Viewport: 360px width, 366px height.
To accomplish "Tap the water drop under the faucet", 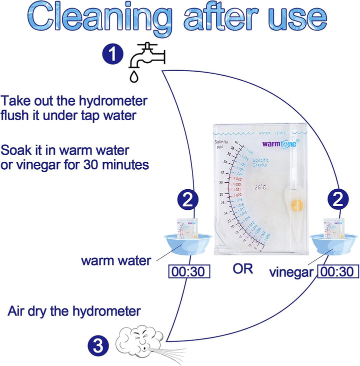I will point(133,76).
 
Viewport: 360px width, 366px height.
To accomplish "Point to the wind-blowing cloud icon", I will point(142,340).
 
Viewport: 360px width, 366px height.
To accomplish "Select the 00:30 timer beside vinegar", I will point(338,271).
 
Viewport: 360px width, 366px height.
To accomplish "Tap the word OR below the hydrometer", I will point(242,269).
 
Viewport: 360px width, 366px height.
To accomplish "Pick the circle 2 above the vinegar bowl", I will point(337,201).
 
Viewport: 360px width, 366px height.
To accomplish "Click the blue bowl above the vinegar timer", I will point(333,242).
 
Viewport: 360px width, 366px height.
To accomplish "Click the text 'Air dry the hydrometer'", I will point(74,311).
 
